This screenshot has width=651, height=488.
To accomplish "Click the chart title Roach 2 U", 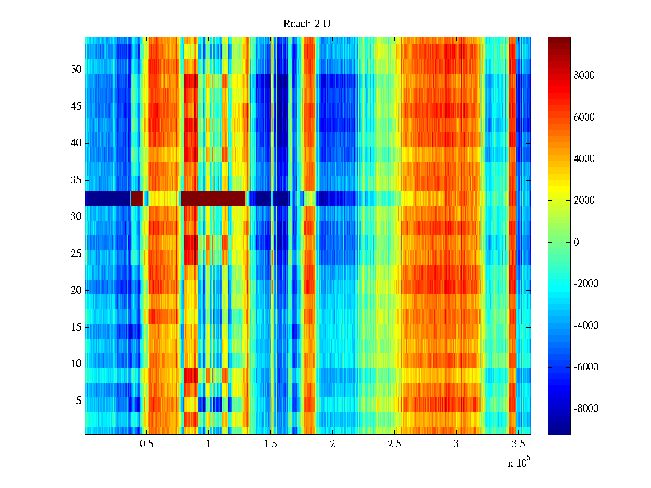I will click(306, 24).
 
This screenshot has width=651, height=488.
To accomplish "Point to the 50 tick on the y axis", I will click(76, 70).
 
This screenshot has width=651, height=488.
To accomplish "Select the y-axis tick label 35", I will click(76, 180).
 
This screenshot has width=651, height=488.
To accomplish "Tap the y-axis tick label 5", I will click(79, 401).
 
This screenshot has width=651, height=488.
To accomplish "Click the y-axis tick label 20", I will click(76, 290).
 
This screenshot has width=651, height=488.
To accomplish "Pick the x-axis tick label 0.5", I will click(146, 444).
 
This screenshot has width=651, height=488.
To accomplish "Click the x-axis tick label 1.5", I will click(270, 444).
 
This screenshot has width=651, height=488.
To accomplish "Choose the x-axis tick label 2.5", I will click(394, 444).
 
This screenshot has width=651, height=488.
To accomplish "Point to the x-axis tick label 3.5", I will click(518, 444).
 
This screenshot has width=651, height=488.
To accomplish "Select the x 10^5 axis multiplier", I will click(519, 463).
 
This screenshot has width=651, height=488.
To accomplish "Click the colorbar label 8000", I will click(584, 76).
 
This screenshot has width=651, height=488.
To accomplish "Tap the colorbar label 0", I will click(576, 242).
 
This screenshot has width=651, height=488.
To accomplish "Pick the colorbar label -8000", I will click(585, 409).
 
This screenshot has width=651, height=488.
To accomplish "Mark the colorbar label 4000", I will click(584, 159).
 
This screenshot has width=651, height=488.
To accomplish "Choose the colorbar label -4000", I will click(585, 326).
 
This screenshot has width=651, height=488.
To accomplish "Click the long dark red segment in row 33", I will click(213, 198).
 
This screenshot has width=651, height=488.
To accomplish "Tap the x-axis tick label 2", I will click(332, 444).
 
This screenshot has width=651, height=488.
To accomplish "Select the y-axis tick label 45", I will click(76, 107).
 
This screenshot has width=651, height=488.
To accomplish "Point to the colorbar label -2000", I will click(585, 284).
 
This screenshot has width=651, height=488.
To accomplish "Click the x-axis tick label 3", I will click(456, 444).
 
